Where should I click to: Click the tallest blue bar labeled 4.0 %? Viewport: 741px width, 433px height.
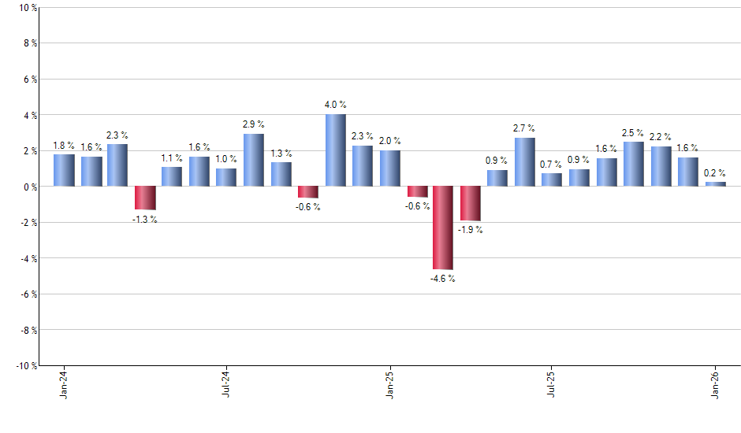335,150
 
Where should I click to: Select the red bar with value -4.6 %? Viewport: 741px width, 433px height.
443,228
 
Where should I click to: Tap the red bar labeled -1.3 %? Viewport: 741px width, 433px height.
145,198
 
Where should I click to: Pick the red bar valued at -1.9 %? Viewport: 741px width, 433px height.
471,203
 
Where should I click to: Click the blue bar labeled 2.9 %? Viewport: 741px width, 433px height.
254,160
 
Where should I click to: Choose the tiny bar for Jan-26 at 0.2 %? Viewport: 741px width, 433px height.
715,184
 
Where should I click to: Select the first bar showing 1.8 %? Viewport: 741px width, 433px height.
64,170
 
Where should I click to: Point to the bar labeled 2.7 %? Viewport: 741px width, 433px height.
525,162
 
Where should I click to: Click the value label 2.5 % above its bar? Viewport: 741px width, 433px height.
633,133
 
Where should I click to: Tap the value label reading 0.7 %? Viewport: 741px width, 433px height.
552,165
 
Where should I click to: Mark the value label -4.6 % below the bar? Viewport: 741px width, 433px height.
443,279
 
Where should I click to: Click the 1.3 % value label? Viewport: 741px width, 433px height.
281,154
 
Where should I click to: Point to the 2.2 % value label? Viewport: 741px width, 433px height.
661,138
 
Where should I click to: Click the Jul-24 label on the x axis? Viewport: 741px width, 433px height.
226,384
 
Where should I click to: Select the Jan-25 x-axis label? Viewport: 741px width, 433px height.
389,384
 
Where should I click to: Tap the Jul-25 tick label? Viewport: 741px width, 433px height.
552,384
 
